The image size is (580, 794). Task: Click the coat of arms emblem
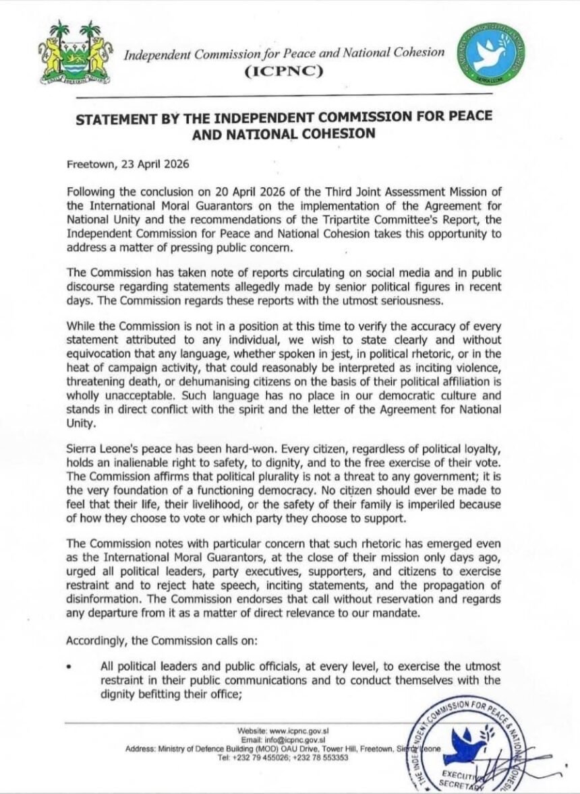point(75,53)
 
